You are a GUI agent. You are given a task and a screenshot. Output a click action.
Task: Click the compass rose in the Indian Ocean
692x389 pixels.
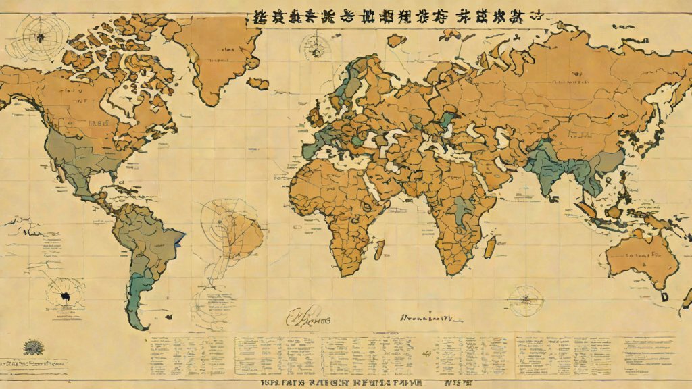(526, 300)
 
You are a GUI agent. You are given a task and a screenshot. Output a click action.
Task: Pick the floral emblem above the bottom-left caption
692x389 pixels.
(33, 347)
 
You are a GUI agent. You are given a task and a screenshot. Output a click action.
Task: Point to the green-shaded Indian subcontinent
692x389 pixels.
(548, 169)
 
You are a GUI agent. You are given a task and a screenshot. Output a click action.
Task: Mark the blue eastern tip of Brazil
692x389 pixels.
(180, 239)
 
